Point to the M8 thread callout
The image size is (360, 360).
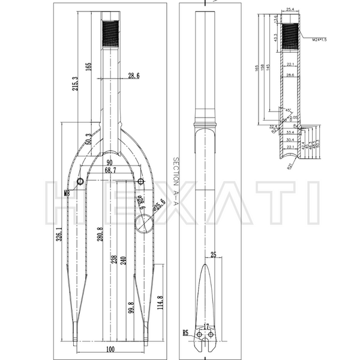pyautogui.click(x=67, y=194)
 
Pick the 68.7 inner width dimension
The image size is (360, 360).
pyautogui.click(x=110, y=171)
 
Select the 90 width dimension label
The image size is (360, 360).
pyautogui.click(x=110, y=163)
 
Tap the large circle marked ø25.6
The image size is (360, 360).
pyautogui.click(x=144, y=224)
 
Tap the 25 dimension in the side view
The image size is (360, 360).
pyautogui.click(x=212, y=255)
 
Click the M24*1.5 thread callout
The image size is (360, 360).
pyautogui.click(x=320, y=40)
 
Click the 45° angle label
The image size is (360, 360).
pyautogui.click(x=289, y=110)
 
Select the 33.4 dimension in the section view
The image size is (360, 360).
pyautogui.click(x=290, y=131)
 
